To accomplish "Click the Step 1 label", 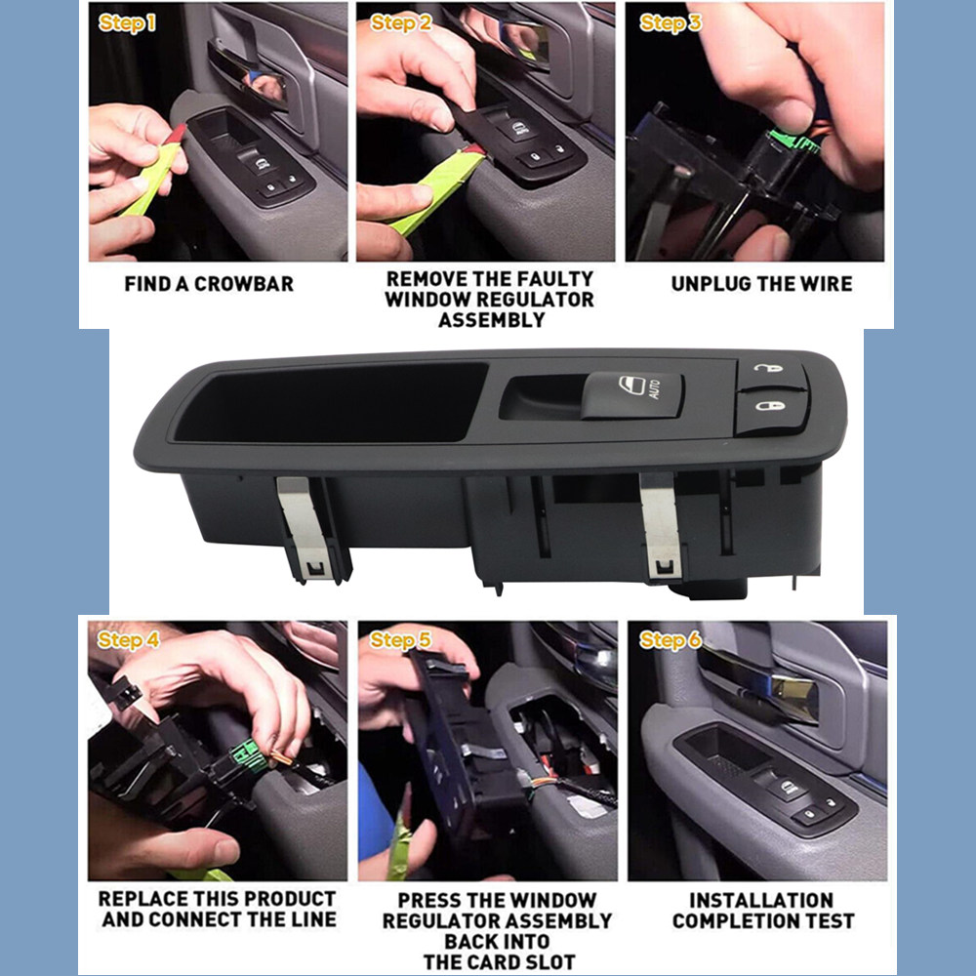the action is [127, 23].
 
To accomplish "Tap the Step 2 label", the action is [400, 23].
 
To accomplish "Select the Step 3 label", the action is [670, 23].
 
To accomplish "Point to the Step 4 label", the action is [128, 640].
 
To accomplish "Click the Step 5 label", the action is [399, 640].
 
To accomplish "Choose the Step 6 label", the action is [670, 640].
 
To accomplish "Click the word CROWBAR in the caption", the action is [244, 284].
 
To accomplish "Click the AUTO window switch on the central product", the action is [632, 395].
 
